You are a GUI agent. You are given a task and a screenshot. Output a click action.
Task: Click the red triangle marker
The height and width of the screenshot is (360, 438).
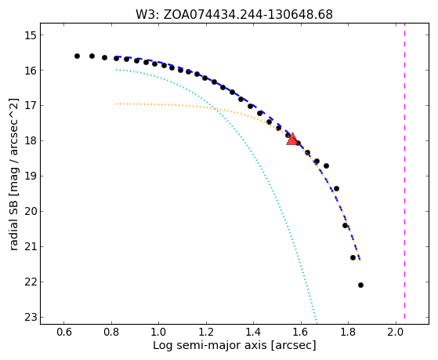click(x=292, y=139)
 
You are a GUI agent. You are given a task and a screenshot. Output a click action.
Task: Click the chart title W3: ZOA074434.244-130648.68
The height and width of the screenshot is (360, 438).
click(x=234, y=15)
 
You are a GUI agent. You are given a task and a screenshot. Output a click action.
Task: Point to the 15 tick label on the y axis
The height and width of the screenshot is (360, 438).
click(x=31, y=35)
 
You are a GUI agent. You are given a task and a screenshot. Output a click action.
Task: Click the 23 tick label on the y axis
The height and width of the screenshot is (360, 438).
click(x=31, y=317)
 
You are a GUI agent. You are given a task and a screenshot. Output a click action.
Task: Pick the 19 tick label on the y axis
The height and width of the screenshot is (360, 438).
click(x=31, y=176)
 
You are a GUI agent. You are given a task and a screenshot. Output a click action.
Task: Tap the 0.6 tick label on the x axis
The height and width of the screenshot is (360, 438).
click(x=64, y=332)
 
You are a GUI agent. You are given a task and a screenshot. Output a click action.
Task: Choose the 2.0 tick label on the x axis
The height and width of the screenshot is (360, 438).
click(x=396, y=332)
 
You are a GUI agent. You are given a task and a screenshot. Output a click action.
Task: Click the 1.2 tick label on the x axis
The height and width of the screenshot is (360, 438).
click(x=206, y=332)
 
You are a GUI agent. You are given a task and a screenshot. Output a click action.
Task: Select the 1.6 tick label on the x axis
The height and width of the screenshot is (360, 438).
click(x=301, y=332)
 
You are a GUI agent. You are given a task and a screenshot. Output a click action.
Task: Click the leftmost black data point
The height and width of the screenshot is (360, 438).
click(x=77, y=56)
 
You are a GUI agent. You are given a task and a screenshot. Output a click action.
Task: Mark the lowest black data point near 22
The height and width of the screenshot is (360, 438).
click(x=360, y=285)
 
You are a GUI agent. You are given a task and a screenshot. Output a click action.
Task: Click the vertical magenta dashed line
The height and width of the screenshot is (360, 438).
click(x=404, y=174)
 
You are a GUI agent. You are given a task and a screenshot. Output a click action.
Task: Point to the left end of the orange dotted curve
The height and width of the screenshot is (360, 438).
click(x=116, y=104)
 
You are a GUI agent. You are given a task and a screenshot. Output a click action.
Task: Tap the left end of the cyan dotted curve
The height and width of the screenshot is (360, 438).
click(x=116, y=69)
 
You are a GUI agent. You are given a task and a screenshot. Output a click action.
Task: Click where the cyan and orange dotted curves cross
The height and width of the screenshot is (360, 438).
click(x=215, y=108)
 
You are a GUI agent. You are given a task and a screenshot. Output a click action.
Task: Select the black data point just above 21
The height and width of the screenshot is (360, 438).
click(x=353, y=257)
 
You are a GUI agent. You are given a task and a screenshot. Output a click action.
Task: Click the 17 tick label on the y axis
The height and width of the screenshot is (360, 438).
click(x=31, y=105)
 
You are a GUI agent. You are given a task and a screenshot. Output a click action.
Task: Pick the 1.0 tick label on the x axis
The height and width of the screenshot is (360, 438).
click(x=158, y=332)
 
